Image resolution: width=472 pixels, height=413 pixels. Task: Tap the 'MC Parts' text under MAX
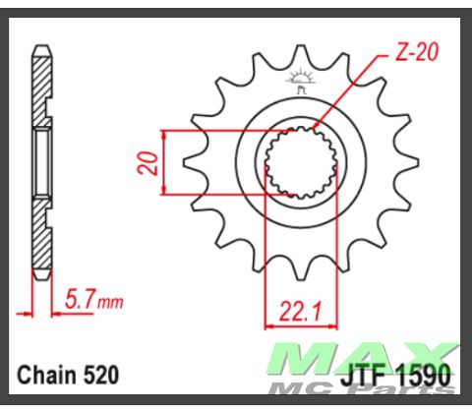pyautogui.click(x=394, y=390)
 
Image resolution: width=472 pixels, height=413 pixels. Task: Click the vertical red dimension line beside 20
pyautogui.click(x=163, y=162)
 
